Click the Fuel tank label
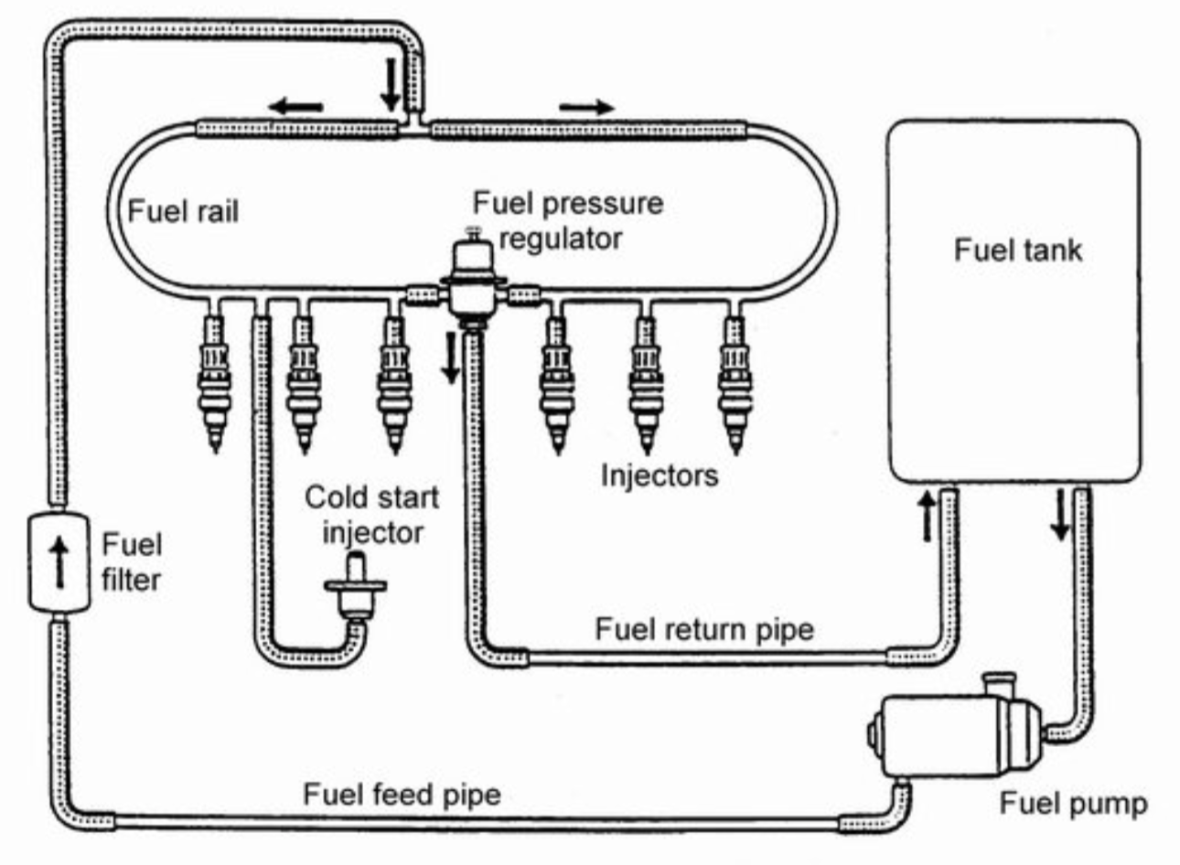[x=1017, y=250]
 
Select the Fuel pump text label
[x=1072, y=804]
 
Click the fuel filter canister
[x=59, y=561]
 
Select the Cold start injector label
[x=371, y=515]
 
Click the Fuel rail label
[x=183, y=211]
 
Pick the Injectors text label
[x=659, y=475]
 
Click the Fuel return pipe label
[x=703, y=629]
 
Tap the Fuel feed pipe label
[x=402, y=793]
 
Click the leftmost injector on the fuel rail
[x=216, y=384]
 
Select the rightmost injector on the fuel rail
[x=733, y=384]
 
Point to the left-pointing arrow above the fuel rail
[x=296, y=107]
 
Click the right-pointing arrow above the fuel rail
[x=586, y=107]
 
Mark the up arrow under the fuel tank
[x=928, y=515]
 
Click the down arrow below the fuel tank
[x=1060, y=515]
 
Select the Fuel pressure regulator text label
[x=567, y=220]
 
